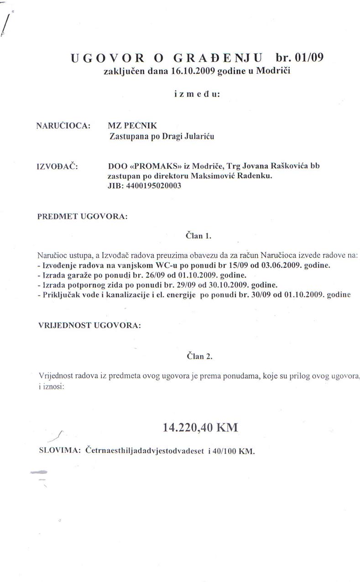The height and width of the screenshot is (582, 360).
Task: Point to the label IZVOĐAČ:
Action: coord(57,166)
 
